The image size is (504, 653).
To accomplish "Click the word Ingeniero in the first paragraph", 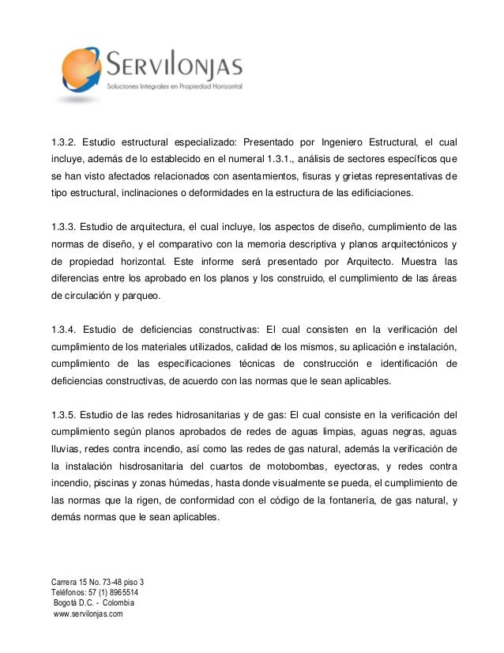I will tap(346, 143).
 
